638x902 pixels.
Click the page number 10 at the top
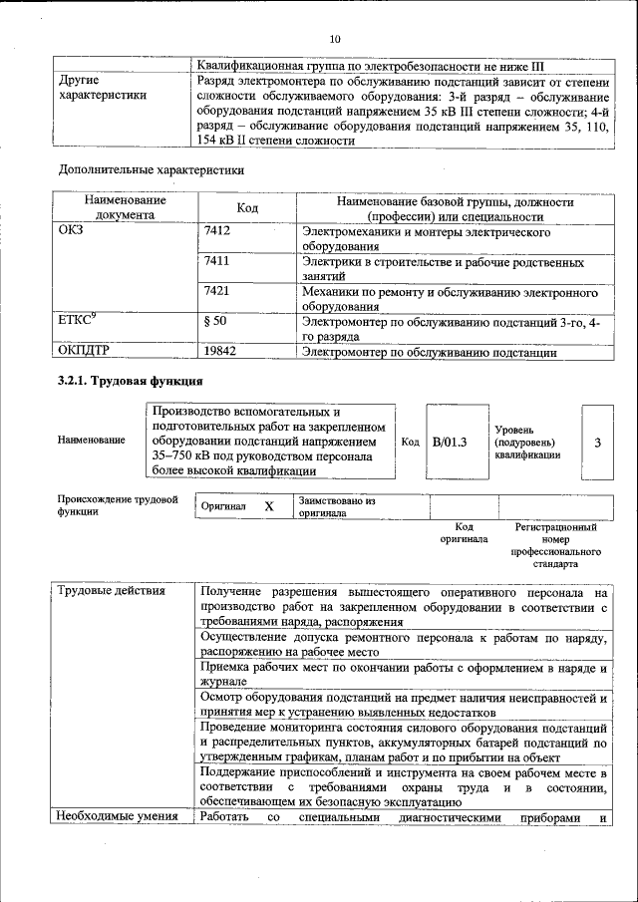[335, 39]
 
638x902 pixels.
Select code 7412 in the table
[216, 232]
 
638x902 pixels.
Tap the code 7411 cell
[216, 262]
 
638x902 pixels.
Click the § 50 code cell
[214, 322]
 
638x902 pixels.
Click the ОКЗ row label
[74, 232]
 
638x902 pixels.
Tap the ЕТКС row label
[78, 321]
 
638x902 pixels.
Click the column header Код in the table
[247, 208]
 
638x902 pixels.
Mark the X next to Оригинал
[269, 506]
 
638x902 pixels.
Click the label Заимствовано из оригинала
[336, 507]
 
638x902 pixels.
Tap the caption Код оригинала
[464, 533]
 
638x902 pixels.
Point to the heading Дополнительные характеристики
[152, 169]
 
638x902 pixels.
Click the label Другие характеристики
[104, 87]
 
